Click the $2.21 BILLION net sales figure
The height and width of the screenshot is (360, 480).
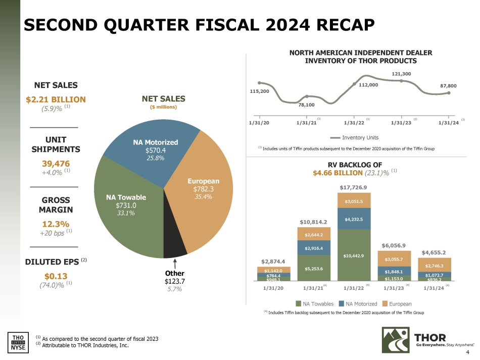click(x=56, y=99)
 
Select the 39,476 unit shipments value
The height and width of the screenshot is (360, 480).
click(x=56, y=163)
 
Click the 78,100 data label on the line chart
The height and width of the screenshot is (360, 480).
click(x=306, y=105)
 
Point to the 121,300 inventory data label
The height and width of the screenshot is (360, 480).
click(x=401, y=74)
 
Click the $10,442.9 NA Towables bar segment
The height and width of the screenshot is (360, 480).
click(x=354, y=256)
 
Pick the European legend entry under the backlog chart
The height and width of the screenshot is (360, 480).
click(x=397, y=304)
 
